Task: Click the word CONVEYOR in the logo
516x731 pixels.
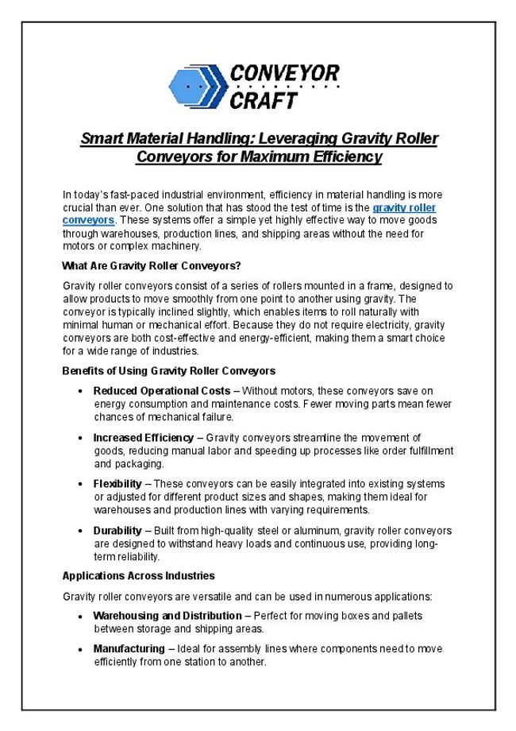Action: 284,74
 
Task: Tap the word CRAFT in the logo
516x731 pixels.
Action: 264,100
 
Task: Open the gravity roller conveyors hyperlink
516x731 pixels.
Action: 404,207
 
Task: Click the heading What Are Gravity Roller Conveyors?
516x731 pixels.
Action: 151,265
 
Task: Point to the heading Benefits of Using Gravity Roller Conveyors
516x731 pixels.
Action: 168,370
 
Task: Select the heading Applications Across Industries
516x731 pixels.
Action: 138,575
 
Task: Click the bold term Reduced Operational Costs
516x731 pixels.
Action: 161,391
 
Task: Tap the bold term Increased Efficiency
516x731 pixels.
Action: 143,438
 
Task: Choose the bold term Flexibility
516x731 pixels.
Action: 117,484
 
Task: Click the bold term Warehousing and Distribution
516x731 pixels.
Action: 168,616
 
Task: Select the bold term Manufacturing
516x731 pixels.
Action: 129,649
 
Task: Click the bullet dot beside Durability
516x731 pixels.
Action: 83,531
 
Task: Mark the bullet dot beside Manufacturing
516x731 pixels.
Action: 83,650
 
